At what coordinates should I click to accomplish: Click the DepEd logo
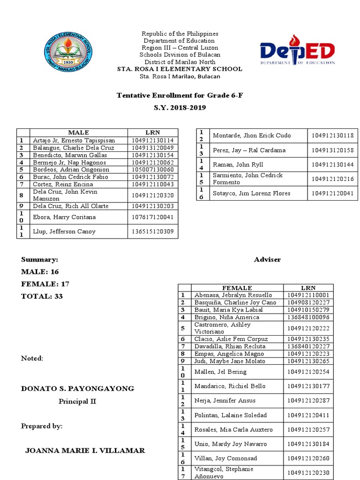point(297,51)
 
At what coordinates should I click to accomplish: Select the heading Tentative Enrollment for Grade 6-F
point(180,96)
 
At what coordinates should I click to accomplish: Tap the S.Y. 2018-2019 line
point(180,107)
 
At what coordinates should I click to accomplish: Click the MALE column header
point(78,133)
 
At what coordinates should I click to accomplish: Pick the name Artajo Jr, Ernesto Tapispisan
point(74,140)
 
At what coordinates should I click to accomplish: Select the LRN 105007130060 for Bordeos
point(152,170)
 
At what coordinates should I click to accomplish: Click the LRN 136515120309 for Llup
point(152,232)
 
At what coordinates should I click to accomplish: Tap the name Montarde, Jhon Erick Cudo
point(252,135)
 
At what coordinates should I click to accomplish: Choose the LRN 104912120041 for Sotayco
point(332,193)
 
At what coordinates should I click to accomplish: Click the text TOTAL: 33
point(42,296)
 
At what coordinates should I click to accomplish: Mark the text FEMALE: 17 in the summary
point(45,284)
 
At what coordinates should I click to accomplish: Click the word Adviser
point(267,260)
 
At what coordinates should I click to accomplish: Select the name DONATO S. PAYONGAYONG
point(77,389)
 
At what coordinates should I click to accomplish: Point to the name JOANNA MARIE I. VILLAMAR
point(85,450)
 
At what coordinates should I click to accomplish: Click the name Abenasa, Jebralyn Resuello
point(233,295)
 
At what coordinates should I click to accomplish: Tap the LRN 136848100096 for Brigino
point(308,317)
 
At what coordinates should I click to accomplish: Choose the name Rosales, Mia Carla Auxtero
point(233,429)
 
